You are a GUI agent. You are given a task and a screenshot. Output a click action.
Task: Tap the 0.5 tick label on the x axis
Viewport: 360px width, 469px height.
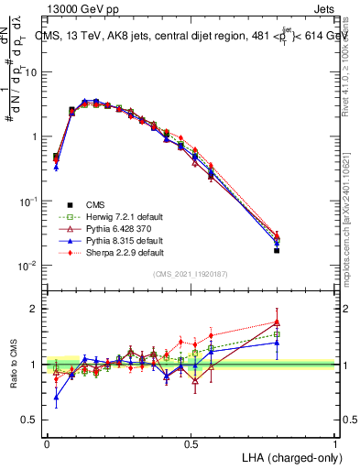click(191, 443)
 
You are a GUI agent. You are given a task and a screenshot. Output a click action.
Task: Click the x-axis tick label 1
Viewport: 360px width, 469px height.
click(334, 443)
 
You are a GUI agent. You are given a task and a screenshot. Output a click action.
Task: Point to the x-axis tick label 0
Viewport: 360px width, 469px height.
click(47, 443)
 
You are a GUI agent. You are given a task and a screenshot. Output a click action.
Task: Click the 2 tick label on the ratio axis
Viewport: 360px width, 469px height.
click(35, 309)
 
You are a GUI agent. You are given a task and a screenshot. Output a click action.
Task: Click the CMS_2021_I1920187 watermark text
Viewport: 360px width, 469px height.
click(191, 274)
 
